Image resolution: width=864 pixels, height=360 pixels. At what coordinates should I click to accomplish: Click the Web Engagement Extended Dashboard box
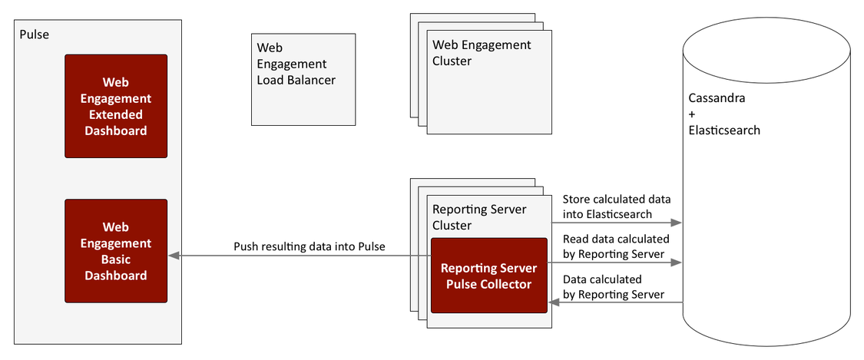[x=116, y=106]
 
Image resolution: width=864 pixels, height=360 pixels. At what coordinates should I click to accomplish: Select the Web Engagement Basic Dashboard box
[x=116, y=250]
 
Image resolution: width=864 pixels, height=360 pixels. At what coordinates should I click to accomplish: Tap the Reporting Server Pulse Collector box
[x=489, y=276]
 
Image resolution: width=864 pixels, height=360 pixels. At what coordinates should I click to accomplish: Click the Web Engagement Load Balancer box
[x=303, y=79]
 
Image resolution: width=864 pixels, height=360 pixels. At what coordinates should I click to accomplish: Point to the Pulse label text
[x=34, y=35]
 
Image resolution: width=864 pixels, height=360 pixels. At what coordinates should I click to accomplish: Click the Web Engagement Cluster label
[x=482, y=53]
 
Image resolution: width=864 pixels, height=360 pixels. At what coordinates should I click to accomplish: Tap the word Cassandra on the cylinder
[x=717, y=98]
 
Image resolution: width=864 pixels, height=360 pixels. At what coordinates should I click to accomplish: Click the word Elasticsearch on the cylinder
[x=724, y=130]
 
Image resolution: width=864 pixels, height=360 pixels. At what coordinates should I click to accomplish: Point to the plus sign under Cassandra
[x=692, y=114]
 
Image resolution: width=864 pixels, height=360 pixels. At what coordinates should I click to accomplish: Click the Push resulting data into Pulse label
[x=310, y=246]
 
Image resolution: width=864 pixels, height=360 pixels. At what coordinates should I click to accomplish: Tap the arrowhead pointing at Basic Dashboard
[x=173, y=256]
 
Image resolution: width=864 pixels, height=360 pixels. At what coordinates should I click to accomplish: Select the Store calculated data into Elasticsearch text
[x=617, y=206]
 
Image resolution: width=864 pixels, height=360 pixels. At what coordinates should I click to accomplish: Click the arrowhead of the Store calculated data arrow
[x=677, y=223]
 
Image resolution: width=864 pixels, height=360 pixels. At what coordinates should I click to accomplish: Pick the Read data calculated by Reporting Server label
[x=616, y=246]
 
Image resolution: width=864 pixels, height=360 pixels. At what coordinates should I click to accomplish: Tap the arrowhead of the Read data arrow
[x=677, y=263]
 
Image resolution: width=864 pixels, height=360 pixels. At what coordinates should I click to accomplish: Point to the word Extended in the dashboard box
[x=116, y=114]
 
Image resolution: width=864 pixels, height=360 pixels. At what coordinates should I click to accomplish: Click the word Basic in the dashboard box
[x=116, y=259]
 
